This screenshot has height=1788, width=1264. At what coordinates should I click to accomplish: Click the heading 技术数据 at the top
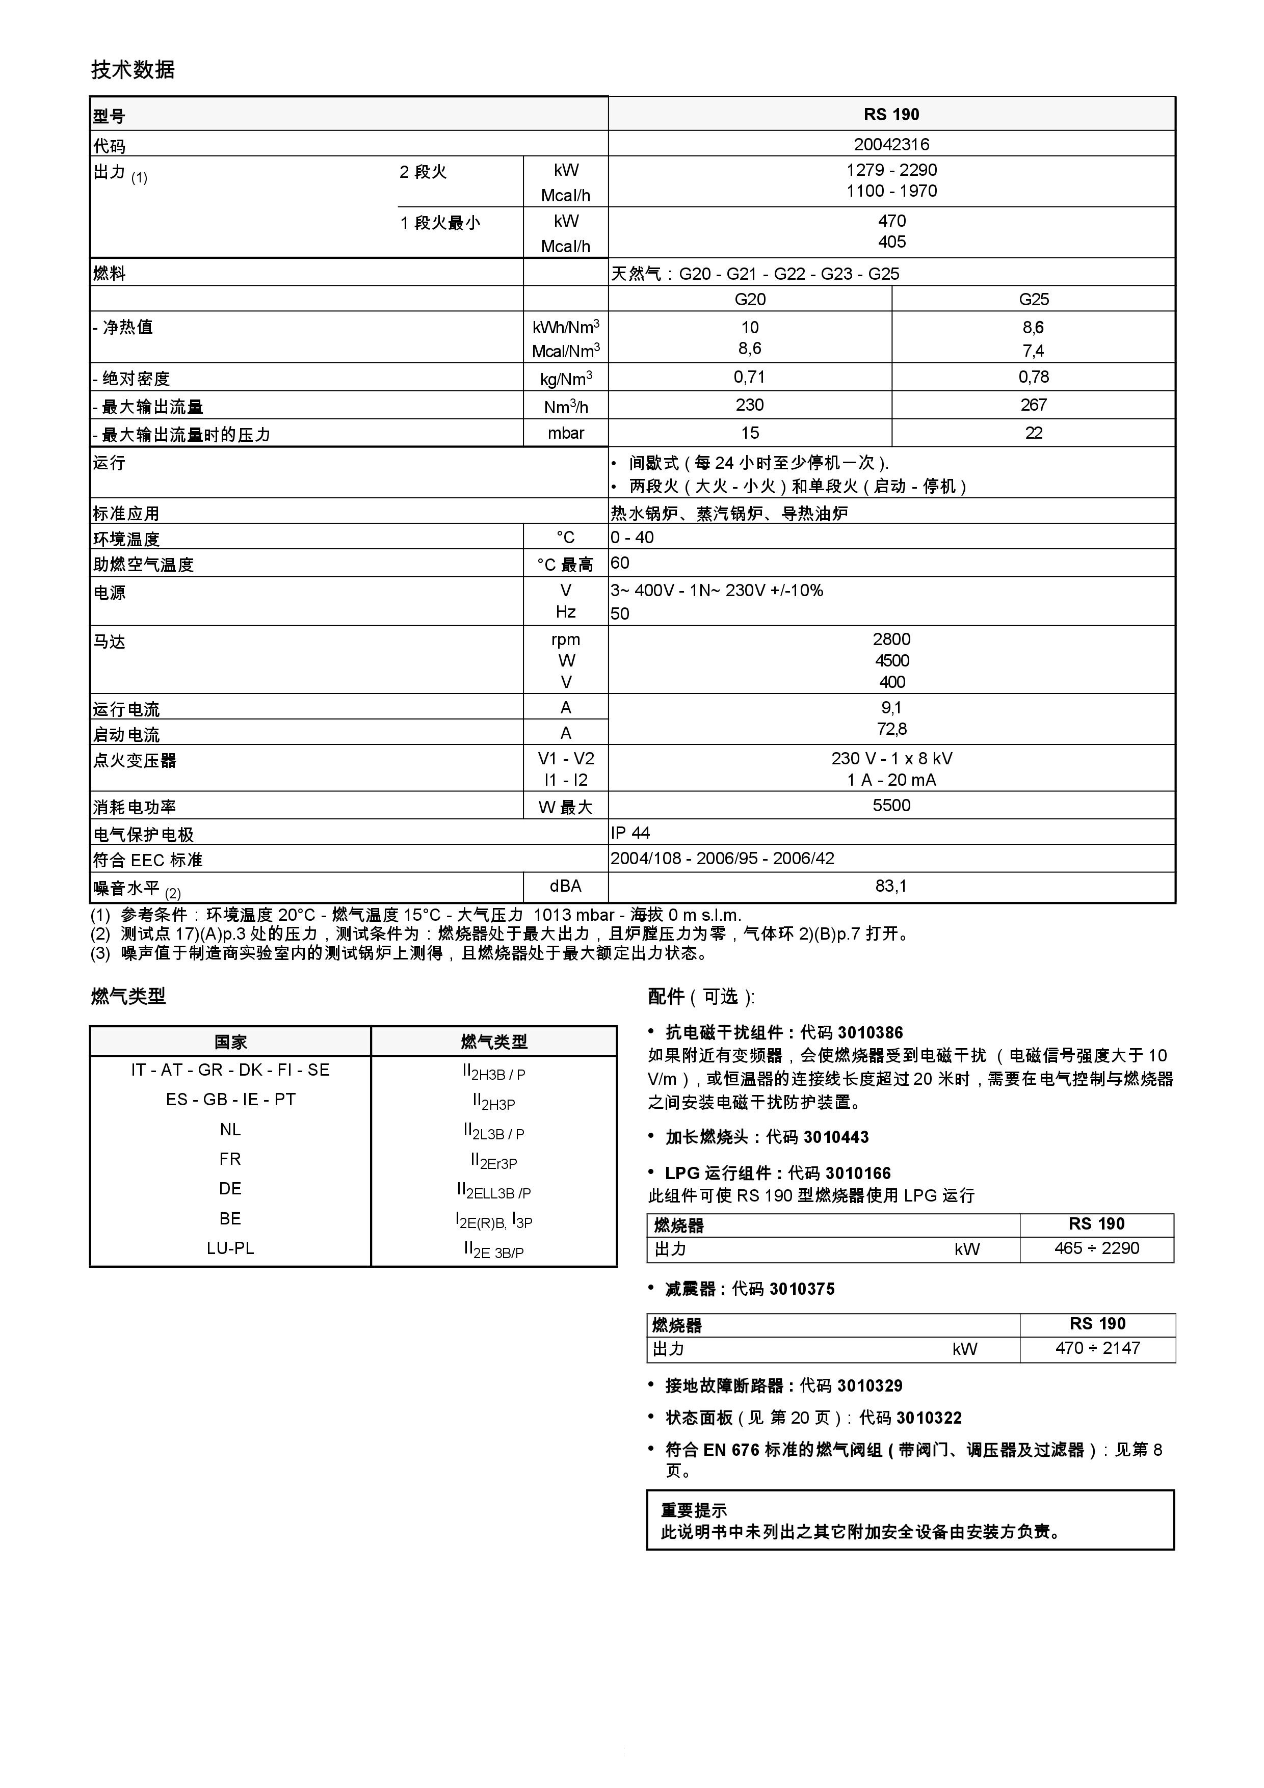point(133,70)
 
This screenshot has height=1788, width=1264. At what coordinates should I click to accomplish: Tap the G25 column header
point(1034,299)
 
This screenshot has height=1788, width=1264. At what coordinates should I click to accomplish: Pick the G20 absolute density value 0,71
point(749,377)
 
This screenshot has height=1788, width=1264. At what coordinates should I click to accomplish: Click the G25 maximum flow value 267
point(1034,405)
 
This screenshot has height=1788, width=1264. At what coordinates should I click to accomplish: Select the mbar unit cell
point(565,433)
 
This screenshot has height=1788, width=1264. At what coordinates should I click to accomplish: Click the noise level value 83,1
point(891,886)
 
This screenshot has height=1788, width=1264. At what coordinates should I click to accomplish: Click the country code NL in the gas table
point(230,1129)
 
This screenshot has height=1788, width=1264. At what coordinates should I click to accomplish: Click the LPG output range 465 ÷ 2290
point(1096,1248)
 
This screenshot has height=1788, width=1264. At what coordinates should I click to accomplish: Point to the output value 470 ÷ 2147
point(1097,1348)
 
